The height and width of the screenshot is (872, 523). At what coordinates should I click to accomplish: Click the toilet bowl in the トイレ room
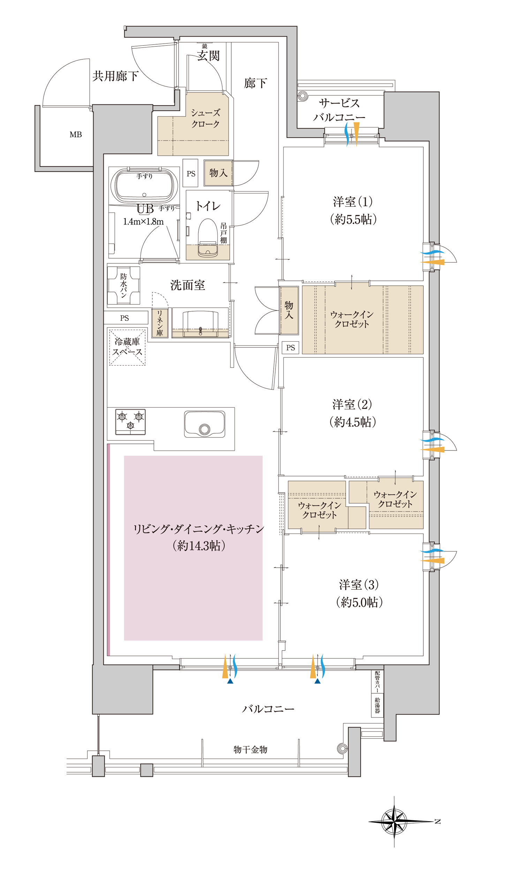click(207, 238)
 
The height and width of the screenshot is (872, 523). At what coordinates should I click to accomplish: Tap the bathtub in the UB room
click(144, 186)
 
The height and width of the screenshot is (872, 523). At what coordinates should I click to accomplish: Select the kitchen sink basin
click(204, 424)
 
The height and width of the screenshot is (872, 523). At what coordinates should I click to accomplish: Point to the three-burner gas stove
click(130, 422)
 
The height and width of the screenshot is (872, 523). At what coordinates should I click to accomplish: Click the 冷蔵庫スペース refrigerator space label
click(127, 346)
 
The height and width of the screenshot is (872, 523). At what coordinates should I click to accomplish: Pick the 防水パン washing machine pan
click(124, 285)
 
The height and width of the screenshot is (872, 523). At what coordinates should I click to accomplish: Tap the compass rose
click(395, 822)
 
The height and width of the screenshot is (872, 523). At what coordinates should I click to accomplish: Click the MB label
click(76, 134)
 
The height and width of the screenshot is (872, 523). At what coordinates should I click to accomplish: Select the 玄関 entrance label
click(208, 56)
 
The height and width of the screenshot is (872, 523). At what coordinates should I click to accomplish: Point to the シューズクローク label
click(205, 118)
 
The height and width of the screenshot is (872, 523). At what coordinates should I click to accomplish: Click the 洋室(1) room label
click(353, 202)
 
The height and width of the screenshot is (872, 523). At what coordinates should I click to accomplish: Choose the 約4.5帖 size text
click(353, 422)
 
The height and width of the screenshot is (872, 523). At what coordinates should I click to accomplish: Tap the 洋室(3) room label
click(359, 584)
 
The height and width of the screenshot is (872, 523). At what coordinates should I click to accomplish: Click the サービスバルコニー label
click(339, 110)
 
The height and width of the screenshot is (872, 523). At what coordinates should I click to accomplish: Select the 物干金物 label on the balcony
click(250, 749)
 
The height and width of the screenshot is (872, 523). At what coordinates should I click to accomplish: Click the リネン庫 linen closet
click(160, 323)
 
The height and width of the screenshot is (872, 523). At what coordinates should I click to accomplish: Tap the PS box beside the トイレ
click(191, 173)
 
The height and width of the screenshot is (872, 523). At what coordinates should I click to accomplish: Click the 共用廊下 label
click(115, 76)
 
